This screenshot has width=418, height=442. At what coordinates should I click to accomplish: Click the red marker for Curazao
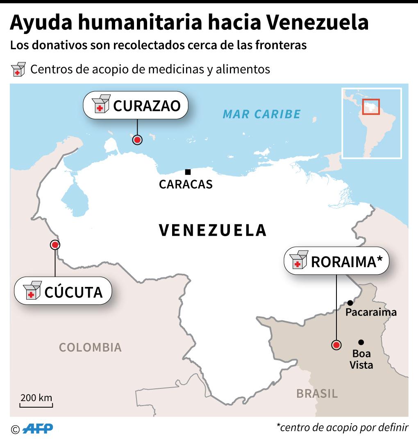138,140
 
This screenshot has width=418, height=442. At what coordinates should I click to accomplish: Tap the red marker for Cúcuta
55,245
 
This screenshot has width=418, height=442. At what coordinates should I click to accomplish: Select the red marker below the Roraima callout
336,345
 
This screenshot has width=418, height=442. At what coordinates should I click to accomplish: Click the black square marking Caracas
188,172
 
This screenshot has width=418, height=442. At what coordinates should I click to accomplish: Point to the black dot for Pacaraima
350,303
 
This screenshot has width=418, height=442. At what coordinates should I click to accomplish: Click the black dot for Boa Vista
361,342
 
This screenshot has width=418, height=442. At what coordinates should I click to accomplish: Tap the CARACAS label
186,185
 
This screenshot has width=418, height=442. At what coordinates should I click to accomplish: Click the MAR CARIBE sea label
261,114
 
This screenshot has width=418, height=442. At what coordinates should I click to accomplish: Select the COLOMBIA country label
90,347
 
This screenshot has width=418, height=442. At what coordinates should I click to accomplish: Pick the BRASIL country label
317,394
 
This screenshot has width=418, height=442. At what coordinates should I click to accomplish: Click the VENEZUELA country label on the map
213,230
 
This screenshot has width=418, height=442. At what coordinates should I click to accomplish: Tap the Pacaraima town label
371,313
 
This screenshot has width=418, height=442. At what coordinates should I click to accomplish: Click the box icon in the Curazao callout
101,104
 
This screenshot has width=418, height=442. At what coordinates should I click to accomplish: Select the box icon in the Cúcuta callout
32,291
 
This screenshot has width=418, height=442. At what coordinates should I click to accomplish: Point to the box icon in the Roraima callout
298,260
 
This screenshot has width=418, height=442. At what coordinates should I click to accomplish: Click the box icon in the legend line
18,70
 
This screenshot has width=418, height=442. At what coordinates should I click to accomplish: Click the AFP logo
38,428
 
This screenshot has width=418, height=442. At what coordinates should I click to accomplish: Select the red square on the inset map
371,107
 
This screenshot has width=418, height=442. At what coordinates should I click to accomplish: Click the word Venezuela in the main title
318,23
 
